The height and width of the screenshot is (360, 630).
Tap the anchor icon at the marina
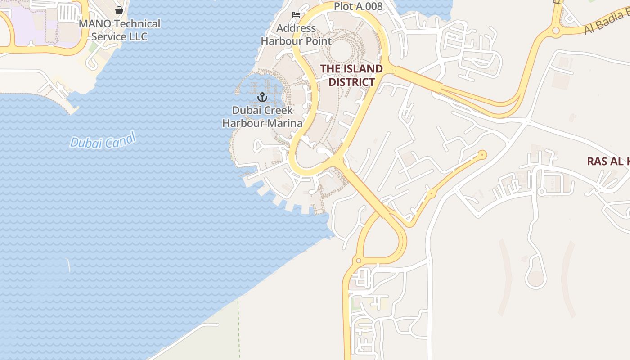tap(262, 97)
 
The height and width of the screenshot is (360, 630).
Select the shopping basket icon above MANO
tap(119, 10)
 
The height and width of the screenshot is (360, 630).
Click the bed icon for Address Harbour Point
tap(296, 15)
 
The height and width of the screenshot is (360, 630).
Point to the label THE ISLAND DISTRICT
tap(351, 75)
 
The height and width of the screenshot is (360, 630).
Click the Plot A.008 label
tap(358, 6)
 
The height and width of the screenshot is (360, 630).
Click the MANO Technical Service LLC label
tap(119, 30)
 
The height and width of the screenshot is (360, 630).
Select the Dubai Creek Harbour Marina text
tap(262, 117)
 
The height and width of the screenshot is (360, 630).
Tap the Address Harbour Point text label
tap(296, 35)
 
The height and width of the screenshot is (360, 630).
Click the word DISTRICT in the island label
tap(351, 82)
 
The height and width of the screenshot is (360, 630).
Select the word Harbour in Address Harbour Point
tap(281, 41)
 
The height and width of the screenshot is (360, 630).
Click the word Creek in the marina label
tap(278, 110)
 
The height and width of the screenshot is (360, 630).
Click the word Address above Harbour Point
tap(296, 28)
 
